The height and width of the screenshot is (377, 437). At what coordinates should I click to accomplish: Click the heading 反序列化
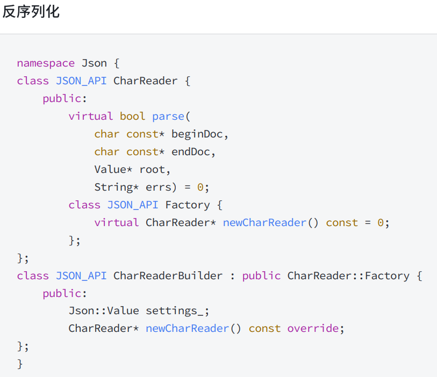click(31, 11)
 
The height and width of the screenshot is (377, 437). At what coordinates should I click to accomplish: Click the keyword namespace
click(46, 63)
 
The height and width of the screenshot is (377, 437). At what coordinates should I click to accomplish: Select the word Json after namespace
click(94, 63)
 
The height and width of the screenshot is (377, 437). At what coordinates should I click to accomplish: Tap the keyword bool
click(132, 117)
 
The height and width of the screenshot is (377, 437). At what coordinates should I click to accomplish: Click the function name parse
click(168, 117)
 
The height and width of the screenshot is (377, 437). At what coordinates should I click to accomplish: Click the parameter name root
click(152, 170)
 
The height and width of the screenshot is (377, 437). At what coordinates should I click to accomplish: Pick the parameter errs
click(158, 187)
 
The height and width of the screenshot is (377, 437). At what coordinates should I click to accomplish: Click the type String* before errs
click(116, 187)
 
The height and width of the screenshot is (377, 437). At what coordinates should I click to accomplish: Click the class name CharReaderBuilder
click(168, 276)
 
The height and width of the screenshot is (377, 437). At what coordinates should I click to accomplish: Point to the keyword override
click(313, 329)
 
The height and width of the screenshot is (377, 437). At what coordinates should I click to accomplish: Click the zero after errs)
click(200, 187)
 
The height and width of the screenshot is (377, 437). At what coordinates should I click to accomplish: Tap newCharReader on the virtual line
click(264, 223)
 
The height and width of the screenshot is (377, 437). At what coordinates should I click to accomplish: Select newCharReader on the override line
click(187, 329)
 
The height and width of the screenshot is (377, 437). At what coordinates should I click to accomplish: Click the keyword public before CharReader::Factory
click(261, 276)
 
